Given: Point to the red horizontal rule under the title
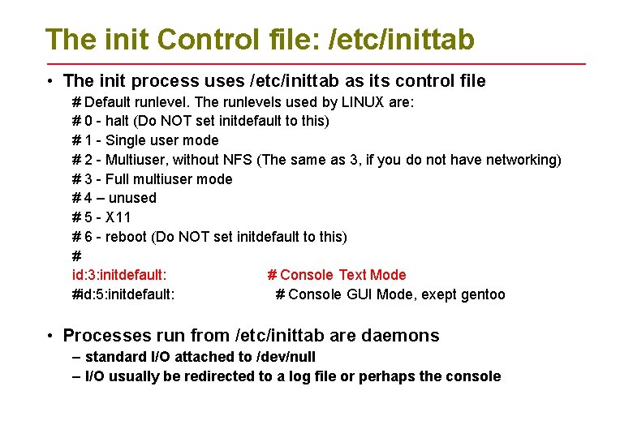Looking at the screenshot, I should click(x=316, y=63).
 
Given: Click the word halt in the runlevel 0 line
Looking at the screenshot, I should click(x=118, y=121).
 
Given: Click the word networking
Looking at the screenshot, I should click(x=519, y=160).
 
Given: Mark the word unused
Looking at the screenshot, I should click(x=132, y=198).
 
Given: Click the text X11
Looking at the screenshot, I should click(x=118, y=217).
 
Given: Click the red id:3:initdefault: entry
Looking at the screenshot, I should click(x=119, y=275).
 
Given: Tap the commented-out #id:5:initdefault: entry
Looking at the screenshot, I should click(x=123, y=294).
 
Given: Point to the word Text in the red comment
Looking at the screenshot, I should click(x=352, y=275).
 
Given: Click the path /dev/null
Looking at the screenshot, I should click(x=286, y=357).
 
